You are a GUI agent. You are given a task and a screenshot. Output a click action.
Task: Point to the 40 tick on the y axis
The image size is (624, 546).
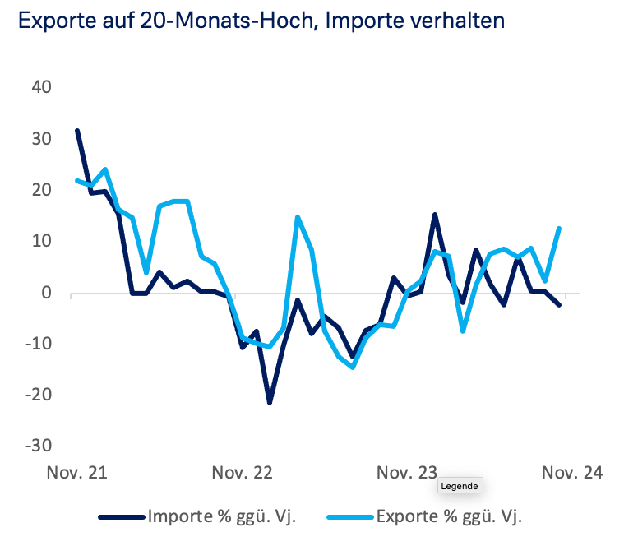[x=41, y=88]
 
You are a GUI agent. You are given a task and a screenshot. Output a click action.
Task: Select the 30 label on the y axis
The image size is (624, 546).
[x=41, y=139]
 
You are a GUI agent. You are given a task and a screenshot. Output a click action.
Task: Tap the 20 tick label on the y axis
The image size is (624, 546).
[x=41, y=190]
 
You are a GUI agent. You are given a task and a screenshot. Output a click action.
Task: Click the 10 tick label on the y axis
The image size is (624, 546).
[x=41, y=242]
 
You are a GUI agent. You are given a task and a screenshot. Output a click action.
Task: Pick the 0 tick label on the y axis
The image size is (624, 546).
[x=46, y=293]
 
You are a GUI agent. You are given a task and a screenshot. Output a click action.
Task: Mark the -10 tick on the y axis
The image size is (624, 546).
[x=38, y=344]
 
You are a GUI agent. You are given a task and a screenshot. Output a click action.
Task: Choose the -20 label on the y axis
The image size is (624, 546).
[x=38, y=395]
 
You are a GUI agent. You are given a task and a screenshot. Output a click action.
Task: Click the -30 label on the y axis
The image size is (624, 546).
[x=38, y=446]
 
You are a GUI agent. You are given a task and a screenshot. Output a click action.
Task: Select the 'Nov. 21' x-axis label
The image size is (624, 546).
[x=77, y=474]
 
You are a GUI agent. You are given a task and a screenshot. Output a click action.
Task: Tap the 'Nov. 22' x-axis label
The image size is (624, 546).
[x=242, y=474]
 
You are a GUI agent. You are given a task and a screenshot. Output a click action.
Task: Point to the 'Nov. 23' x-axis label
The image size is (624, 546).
[x=407, y=474]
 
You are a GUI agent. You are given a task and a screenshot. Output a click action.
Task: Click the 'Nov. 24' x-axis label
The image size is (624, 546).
[x=571, y=474]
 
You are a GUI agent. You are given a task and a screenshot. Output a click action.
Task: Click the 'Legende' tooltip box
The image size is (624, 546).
[x=460, y=486]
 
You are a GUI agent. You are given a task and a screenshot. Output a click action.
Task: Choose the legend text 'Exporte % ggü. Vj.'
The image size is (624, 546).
[x=449, y=517]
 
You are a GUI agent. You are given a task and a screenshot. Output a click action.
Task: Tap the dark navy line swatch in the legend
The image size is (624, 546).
[x=122, y=517]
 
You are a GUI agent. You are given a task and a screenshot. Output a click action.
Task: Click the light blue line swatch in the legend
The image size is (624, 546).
[x=351, y=517]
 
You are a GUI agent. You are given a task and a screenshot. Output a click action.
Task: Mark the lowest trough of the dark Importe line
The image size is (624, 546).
[x=269, y=402]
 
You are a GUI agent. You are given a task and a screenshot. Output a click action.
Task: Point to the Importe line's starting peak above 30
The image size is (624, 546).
[x=77, y=131]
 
